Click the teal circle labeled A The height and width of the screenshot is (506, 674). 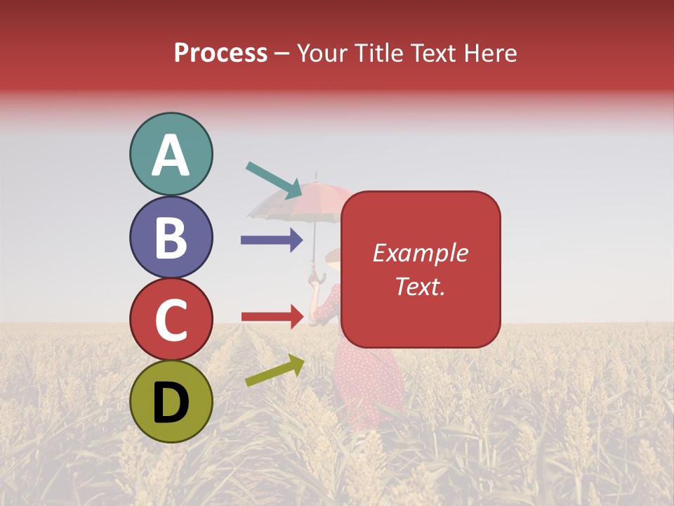171,155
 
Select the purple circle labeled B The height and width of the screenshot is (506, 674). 171,238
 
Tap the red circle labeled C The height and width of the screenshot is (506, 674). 171,319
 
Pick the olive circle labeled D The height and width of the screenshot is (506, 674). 171,401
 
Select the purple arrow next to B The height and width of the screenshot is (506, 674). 271,240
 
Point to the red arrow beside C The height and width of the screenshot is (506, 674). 272,316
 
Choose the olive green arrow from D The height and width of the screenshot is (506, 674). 274,370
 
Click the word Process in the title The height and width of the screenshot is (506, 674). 220,53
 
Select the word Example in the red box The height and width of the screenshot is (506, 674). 420,253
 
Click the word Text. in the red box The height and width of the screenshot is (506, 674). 420,286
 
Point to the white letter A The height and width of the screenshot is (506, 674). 171,155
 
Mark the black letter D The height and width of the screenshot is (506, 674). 171,403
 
